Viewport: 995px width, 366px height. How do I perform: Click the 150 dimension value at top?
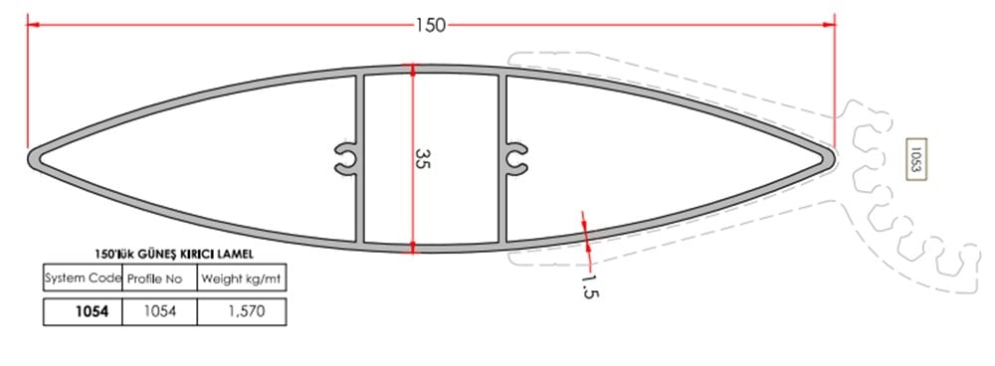click(431, 24)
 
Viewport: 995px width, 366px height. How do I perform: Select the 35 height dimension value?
click(422, 159)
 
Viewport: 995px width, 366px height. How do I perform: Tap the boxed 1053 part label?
click(914, 159)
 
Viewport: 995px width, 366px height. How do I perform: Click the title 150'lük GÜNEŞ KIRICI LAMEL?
click(164, 256)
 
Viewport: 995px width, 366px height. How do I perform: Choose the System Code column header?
click(82, 277)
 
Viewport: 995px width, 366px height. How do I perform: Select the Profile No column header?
click(159, 277)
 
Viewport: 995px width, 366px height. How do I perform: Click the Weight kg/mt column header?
click(243, 277)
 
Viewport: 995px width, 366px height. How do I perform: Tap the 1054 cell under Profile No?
click(160, 311)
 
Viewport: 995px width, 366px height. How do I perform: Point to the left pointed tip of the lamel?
click(33, 158)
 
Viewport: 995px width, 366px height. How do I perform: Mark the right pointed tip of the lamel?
click(831, 156)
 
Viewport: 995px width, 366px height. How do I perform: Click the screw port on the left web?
click(344, 158)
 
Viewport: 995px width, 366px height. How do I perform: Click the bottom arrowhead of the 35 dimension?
click(413, 246)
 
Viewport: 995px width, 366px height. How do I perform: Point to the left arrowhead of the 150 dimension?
click(32, 24)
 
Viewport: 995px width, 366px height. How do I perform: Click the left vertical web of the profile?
click(359, 109)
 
